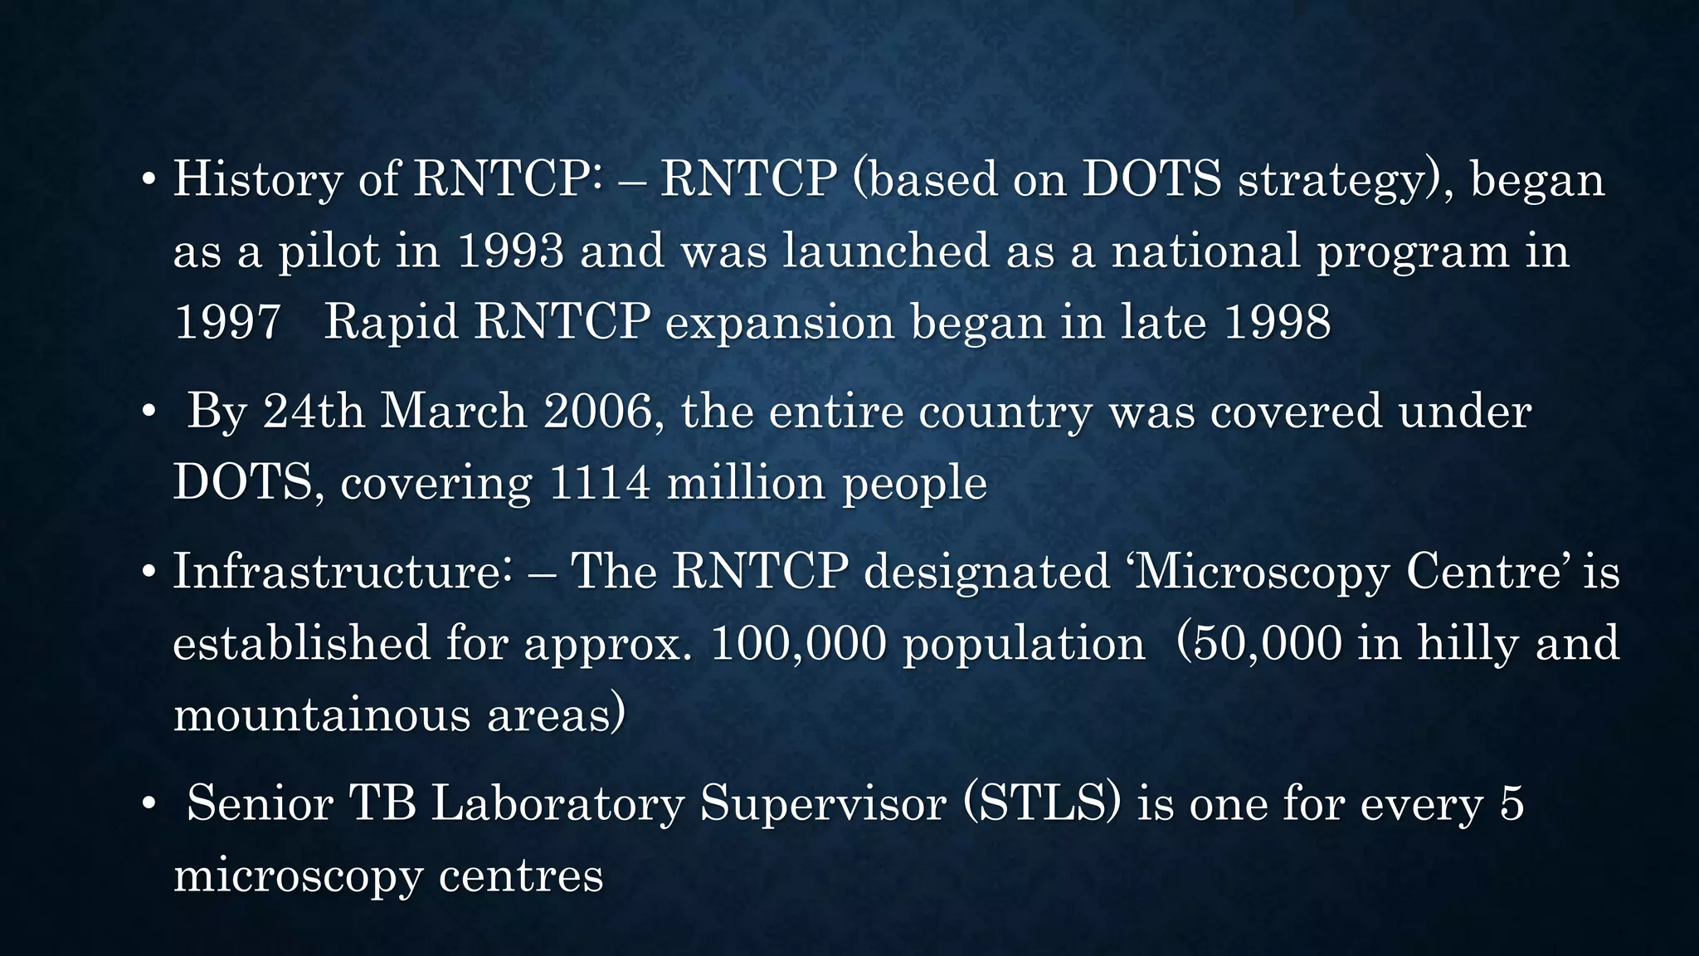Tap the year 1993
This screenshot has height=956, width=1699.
tap(510, 251)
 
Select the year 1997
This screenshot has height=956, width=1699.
tap(227, 322)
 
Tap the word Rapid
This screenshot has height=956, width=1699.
tap(391, 322)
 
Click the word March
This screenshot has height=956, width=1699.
tap(453, 411)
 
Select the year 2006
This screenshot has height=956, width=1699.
tap(599, 411)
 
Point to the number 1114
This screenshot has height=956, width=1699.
tap(600, 482)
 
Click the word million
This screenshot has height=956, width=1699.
tap(746, 482)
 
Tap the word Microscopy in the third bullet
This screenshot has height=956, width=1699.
tap(1260, 573)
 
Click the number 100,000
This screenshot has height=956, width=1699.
tap(798, 643)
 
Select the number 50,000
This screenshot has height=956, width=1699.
tap(1267, 643)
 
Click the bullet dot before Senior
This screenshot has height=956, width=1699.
tap(148, 805)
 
